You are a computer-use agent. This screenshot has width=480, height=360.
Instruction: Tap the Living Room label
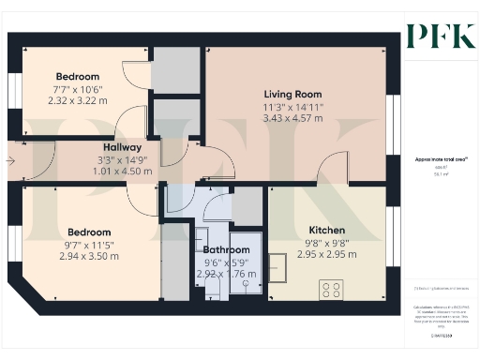pyautogui.click(x=292, y=95)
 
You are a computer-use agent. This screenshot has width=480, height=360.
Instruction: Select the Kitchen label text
pyautogui.click(x=327, y=230)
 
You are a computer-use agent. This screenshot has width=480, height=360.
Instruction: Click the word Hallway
pyautogui.click(x=122, y=147)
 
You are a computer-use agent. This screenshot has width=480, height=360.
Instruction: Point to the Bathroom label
pyautogui.click(x=226, y=250)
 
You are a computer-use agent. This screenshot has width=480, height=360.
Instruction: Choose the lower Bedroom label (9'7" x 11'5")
pyautogui.click(x=88, y=232)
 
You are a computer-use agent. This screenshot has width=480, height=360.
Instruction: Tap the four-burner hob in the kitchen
pyautogui.click(x=331, y=289)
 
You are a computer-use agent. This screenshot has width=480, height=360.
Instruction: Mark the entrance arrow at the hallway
pyautogui.click(x=9, y=161)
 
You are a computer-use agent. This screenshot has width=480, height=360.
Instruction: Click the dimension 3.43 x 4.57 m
pyautogui.click(x=292, y=119)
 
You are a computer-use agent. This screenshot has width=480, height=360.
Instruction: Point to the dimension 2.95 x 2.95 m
pyautogui.click(x=327, y=254)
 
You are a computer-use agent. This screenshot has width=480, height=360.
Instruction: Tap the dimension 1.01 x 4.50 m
pyautogui.click(x=122, y=172)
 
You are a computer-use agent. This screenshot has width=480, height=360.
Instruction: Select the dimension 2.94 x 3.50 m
pyautogui.click(x=88, y=256)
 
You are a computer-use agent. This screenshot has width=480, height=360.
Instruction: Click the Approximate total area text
pyautogui.click(x=436, y=159)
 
